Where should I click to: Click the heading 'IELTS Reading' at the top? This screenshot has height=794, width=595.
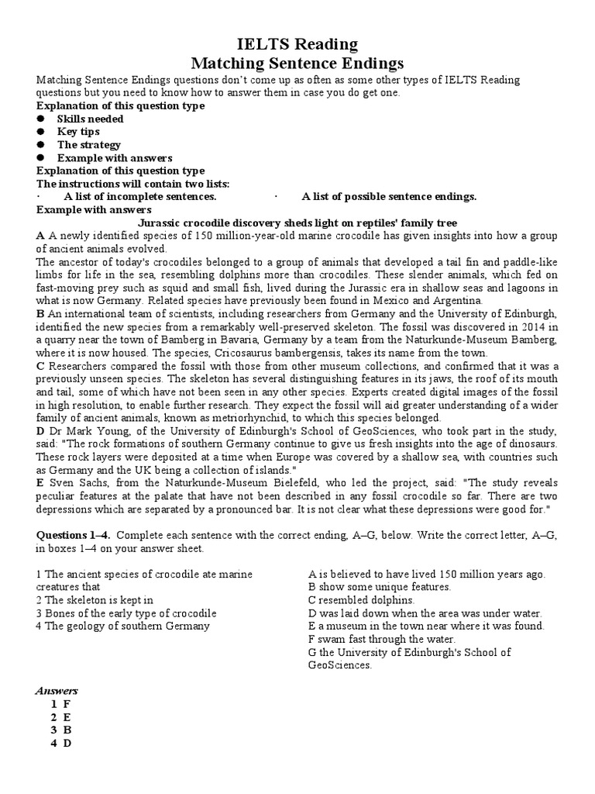coord(297,44)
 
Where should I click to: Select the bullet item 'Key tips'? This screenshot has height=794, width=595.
coord(78,132)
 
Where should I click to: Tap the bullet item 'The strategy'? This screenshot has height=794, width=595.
coord(88,145)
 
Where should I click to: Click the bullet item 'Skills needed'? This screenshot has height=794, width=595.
coord(90,119)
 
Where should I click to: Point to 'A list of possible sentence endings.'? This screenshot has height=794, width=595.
coord(389,197)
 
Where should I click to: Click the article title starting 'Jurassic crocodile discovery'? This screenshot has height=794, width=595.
coord(297,223)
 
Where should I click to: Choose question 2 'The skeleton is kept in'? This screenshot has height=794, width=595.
coord(95,600)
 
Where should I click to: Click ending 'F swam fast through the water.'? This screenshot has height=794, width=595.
coord(380,639)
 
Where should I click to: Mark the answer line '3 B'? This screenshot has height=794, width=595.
coord(60,730)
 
